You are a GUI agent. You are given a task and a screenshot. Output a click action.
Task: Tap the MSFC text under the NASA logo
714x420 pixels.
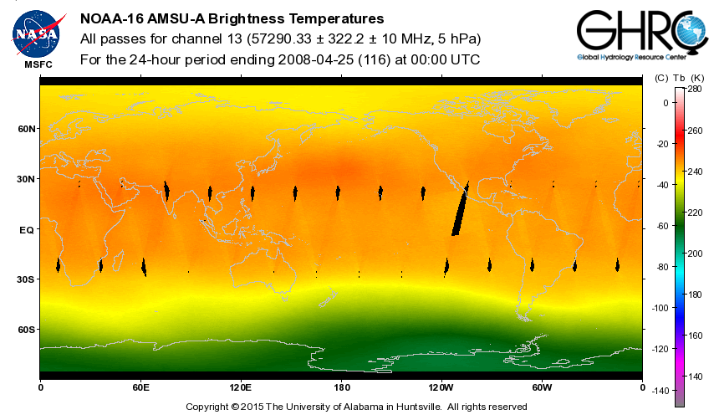(x=36, y=64)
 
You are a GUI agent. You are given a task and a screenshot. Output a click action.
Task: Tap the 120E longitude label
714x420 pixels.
(x=240, y=388)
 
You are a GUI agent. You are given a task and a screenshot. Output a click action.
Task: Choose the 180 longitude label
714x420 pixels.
(x=341, y=388)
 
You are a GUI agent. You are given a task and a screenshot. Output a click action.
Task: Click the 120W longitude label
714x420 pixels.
(x=441, y=388)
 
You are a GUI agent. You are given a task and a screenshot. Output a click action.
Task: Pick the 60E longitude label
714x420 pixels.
(x=140, y=388)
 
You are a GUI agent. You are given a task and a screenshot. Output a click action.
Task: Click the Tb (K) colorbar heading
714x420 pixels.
(x=692, y=78)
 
